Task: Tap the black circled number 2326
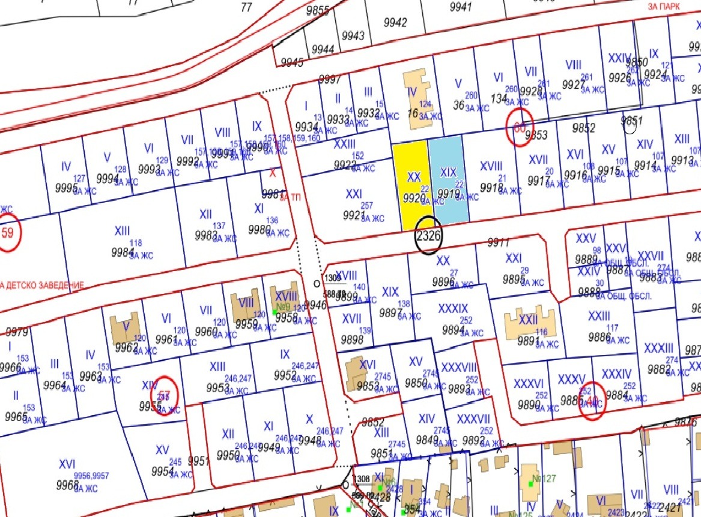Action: click(x=429, y=236)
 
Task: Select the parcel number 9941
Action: click(x=461, y=7)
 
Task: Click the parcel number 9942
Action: click(x=395, y=23)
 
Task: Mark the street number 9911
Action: click(x=499, y=243)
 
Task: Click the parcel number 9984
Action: click(x=123, y=252)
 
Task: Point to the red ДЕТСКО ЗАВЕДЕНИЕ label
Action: click(x=42, y=286)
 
